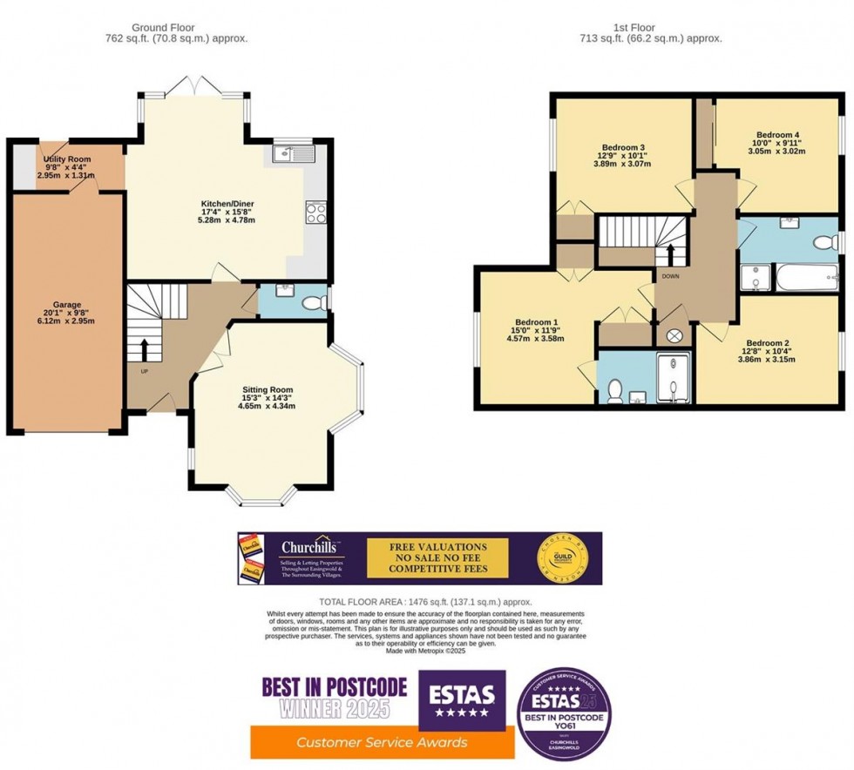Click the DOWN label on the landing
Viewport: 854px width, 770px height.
[x=670, y=276]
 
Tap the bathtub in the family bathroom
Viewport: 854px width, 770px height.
[x=804, y=279]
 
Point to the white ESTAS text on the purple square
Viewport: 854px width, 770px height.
[x=462, y=694]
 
